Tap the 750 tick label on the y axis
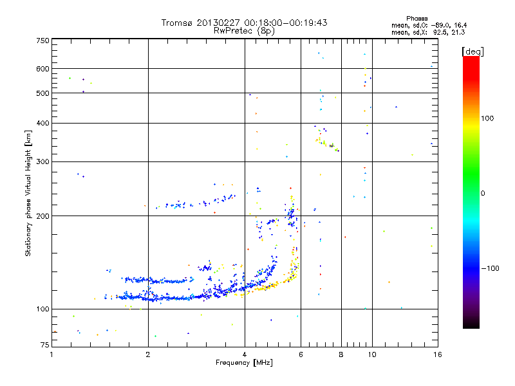pyautogui.click(x=42, y=41)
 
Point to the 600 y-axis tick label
pyautogui.click(x=42, y=69)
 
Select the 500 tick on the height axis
pyautogui.click(x=42, y=93)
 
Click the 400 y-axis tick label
pyautogui.click(x=42, y=123)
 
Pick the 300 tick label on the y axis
pyautogui.click(x=42, y=161)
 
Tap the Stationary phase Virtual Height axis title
pyautogui.click(x=28, y=194)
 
